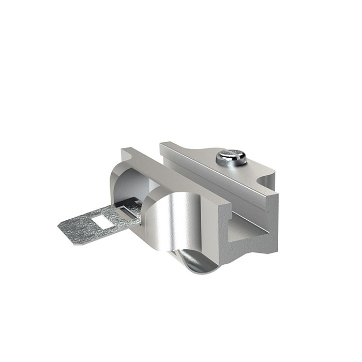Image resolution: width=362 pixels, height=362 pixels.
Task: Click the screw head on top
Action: pos(231,156)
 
